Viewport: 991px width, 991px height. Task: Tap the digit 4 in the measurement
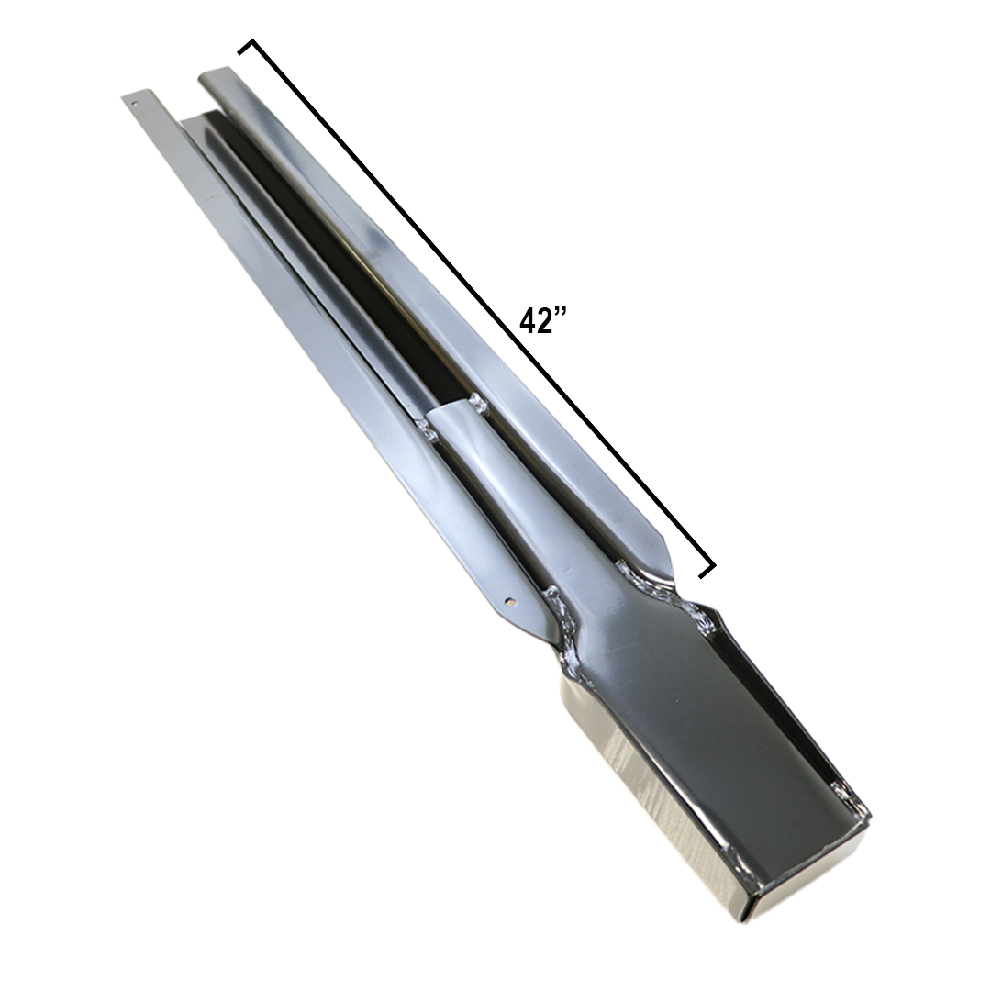pyautogui.click(x=526, y=321)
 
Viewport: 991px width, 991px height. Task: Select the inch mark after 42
pyautogui.click(x=556, y=313)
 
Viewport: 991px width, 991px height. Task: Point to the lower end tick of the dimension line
pyautogui.click(x=707, y=569)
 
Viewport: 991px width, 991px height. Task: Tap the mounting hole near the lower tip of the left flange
pyautogui.click(x=512, y=602)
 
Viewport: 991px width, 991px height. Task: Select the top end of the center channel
pyautogui.click(x=201, y=116)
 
